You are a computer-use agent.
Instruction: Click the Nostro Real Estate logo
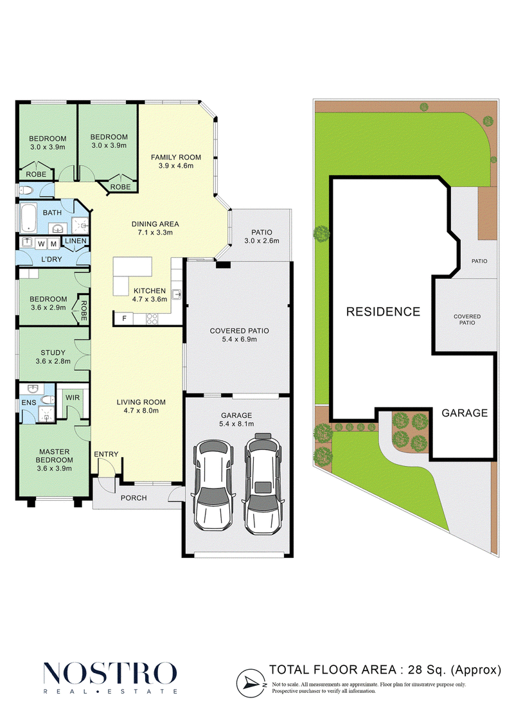tap(111, 678)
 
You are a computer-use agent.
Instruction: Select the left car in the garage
tap(213, 485)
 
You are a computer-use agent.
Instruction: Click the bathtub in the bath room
tap(29, 217)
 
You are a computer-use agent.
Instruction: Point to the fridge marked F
tap(124, 319)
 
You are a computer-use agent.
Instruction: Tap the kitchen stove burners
tap(152, 319)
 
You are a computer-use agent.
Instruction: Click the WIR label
tap(73, 398)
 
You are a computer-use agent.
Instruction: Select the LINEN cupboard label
tap(76, 241)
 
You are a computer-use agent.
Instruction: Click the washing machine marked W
tap(41, 244)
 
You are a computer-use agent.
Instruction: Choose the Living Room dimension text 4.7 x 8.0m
tap(141, 411)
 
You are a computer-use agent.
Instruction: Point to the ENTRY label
tap(106, 454)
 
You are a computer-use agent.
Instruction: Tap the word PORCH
tap(134, 498)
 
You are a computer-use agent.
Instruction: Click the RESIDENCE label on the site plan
tap(384, 312)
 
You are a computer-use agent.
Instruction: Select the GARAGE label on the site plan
tap(465, 413)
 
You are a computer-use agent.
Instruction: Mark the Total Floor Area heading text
tap(385, 670)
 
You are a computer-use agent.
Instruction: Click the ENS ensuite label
tap(29, 402)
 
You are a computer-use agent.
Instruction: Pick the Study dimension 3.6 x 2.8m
tap(53, 362)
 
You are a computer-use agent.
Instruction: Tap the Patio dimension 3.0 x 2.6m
tap(262, 241)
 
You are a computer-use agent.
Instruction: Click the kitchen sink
tap(176, 294)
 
